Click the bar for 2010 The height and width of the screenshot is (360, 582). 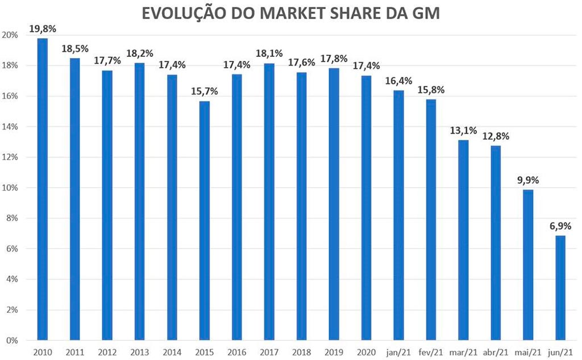(x=43, y=189)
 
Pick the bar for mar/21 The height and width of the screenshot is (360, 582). (x=463, y=240)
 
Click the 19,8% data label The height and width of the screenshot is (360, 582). (x=42, y=28)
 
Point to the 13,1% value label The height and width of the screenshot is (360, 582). (x=463, y=130)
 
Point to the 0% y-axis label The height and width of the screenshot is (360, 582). (x=13, y=341)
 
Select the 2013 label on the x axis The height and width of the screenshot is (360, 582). (x=139, y=351)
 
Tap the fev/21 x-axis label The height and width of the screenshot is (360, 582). (x=431, y=351)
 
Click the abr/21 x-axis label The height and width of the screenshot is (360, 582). (x=495, y=351)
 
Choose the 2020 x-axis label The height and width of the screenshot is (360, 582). (x=365, y=351)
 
